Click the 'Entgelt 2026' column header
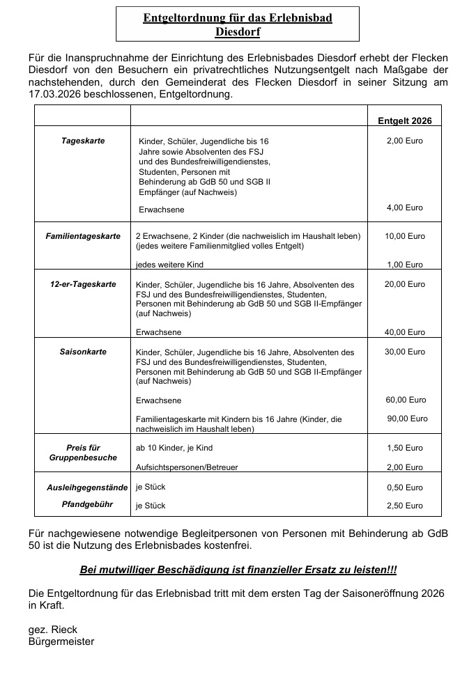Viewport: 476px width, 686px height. (404, 120)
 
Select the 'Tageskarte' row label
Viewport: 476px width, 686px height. (83, 141)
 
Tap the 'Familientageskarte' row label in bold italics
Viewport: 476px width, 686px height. (83, 236)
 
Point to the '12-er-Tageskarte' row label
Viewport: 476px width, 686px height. (83, 284)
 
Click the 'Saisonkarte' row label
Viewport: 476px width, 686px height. (83, 352)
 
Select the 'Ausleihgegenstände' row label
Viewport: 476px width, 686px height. (83, 487)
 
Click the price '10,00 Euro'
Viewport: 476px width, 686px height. (404, 236)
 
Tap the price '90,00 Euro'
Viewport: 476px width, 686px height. (407, 419)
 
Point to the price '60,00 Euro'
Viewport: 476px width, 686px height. (405, 400)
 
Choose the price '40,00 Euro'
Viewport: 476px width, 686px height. (404, 332)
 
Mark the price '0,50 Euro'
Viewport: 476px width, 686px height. (404, 488)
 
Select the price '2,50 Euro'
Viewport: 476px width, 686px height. (404, 506)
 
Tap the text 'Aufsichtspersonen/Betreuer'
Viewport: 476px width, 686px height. (186, 467)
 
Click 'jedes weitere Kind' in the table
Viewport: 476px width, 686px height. (169, 265)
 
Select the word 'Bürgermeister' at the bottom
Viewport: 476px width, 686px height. (61, 641)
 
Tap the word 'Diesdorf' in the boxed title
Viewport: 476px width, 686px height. (238, 31)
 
